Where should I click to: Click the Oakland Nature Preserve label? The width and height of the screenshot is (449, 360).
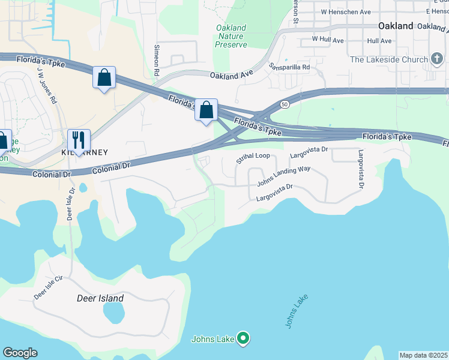click(231, 36)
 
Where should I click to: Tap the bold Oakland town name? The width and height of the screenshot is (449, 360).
click(396, 26)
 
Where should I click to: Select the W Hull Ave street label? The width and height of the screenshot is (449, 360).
click(327, 40)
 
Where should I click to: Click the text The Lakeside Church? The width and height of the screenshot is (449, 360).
click(388, 59)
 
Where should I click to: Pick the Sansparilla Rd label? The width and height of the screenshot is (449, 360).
click(289, 67)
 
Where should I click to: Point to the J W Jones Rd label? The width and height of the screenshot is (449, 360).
click(47, 83)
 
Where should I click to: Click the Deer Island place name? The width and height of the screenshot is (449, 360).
click(100, 298)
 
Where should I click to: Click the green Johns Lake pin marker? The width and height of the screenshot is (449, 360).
click(243, 339)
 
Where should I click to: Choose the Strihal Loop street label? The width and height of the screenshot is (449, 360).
click(253, 158)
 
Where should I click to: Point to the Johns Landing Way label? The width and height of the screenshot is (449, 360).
click(283, 176)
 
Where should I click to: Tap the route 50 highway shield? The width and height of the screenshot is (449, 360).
click(284, 104)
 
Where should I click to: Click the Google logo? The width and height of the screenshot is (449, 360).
click(20, 353)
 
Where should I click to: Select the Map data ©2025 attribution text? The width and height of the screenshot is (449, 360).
click(423, 355)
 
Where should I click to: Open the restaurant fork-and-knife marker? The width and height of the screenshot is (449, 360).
click(79, 140)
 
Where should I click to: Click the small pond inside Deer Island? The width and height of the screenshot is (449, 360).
click(113, 312)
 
